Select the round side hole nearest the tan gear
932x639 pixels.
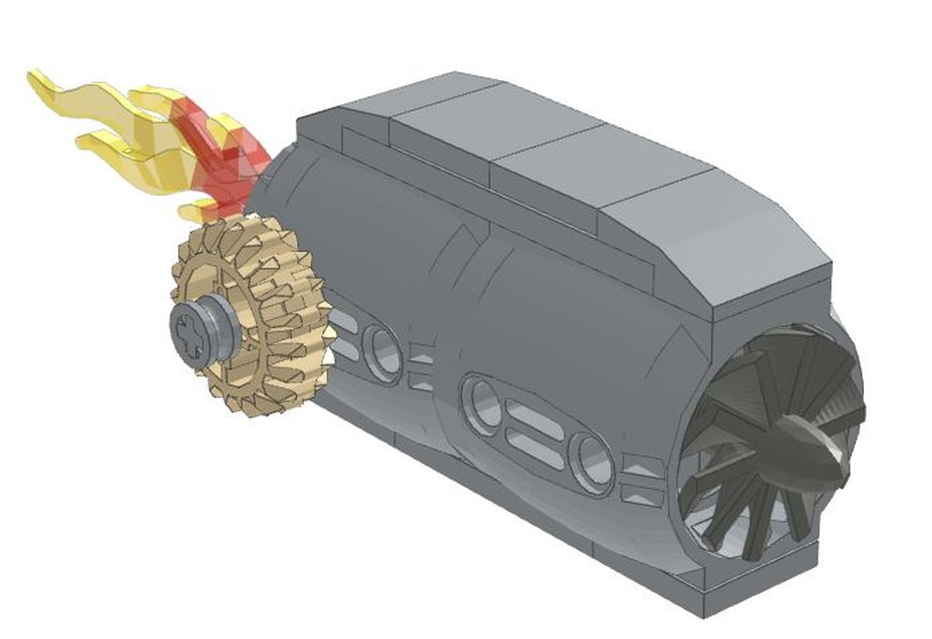(x=382, y=352)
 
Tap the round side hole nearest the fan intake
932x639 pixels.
(x=591, y=462)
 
